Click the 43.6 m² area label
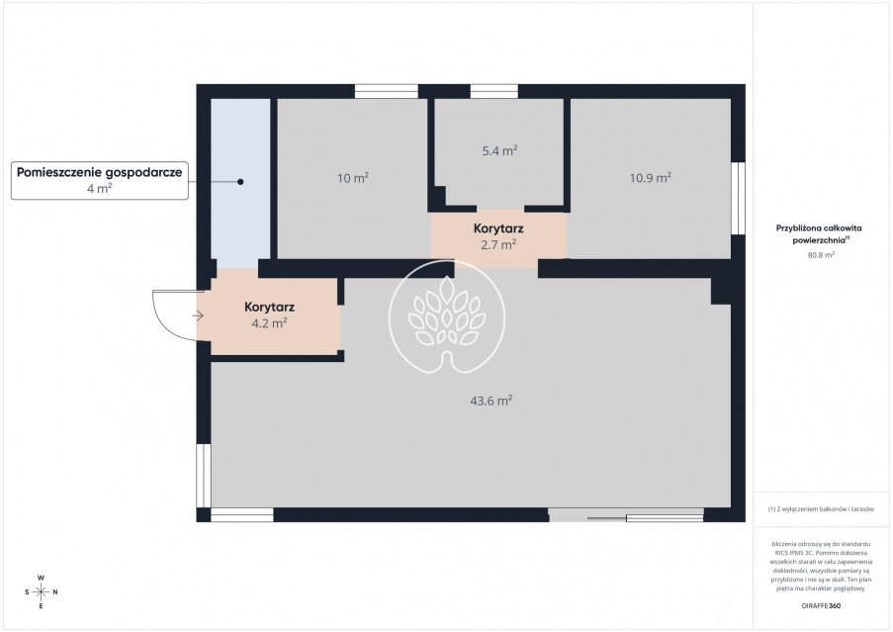click(491, 401)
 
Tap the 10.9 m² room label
click(650, 178)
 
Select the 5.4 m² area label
click(499, 150)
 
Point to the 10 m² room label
click(352, 178)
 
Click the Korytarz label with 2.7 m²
click(498, 236)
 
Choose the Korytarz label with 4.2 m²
click(269, 315)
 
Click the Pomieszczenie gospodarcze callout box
click(100, 180)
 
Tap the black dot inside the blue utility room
click(240, 182)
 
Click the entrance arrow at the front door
click(198, 316)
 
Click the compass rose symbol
click(41, 592)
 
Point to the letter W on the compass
click(41, 578)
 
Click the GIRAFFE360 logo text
click(821, 606)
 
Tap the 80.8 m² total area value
click(821, 255)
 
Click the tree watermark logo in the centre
click(447, 316)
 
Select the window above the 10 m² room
click(387, 91)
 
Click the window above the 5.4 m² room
click(493, 91)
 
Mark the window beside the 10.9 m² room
click(738, 198)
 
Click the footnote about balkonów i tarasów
click(821, 509)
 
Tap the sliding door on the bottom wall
click(626, 515)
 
